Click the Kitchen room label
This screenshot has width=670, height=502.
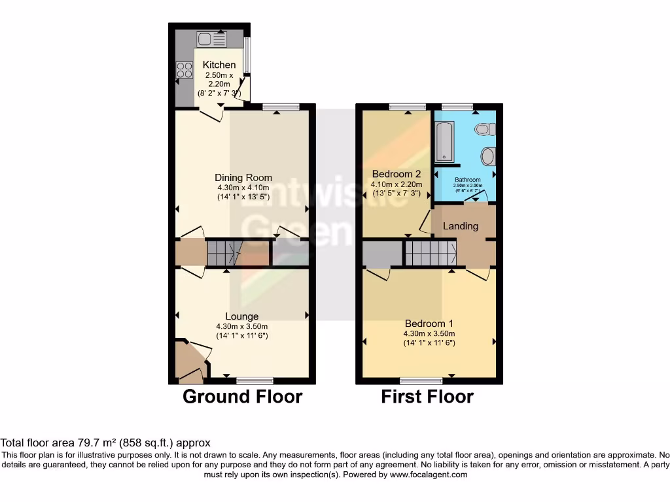(219, 65)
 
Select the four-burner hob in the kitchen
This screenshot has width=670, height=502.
(184, 70)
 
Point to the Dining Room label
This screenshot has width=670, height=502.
(243, 177)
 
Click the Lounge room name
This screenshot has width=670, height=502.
(242, 316)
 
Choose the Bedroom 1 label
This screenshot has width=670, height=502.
(429, 324)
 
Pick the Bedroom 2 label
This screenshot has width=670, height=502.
(397, 174)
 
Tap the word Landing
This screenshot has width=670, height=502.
(461, 226)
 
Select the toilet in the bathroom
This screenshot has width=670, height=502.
(485, 129)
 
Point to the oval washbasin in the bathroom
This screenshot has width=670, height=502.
(487, 157)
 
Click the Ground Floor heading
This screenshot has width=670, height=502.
(242, 396)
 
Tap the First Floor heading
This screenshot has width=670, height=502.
(427, 396)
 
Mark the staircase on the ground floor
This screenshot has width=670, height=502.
(224, 253)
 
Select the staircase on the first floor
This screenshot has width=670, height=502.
(430, 253)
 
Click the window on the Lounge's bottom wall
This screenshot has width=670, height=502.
(255, 380)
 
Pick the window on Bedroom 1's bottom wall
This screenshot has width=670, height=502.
(421, 380)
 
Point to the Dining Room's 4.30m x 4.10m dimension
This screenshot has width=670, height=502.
(243, 187)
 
